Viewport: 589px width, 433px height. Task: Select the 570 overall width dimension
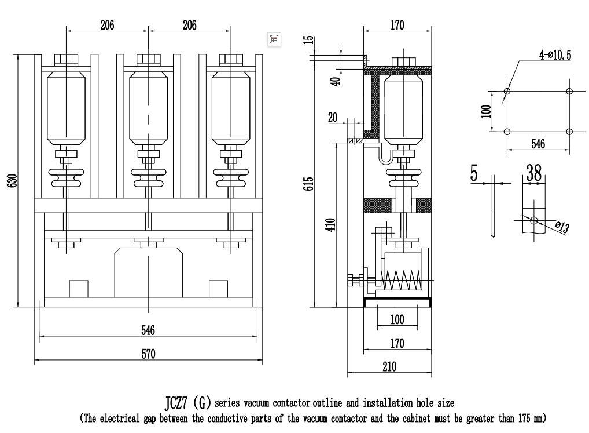coord(148,354)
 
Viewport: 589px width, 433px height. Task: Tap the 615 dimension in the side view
coord(308,184)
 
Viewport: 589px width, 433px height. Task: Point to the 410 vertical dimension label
coord(330,224)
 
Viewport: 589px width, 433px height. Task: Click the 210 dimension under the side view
coord(389,367)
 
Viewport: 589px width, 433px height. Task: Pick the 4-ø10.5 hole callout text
coord(555,55)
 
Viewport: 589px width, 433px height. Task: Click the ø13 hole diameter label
coord(562,227)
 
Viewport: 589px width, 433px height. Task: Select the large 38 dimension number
coord(534,173)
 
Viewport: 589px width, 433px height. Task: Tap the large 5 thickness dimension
coord(474,173)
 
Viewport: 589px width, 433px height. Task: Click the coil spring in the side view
coord(400,281)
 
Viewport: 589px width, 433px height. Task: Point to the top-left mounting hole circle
coord(507,92)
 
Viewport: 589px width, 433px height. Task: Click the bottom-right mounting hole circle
coord(569,132)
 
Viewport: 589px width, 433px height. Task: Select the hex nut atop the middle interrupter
coord(148,60)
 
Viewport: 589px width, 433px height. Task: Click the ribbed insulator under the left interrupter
coord(66,178)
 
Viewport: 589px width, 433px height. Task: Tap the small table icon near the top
coord(274,39)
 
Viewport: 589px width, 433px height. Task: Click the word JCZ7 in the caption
coord(176,403)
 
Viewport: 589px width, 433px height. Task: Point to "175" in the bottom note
coord(525,418)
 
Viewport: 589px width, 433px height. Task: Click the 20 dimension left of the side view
coord(333,117)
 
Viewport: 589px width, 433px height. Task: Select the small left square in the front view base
coord(79,289)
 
